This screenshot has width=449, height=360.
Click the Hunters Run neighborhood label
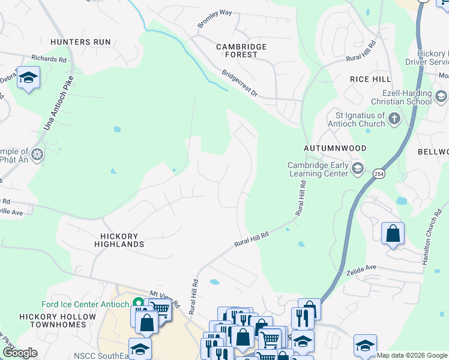pyautogui.click(x=81, y=42)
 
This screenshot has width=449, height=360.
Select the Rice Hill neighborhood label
pyautogui.click(x=370, y=79)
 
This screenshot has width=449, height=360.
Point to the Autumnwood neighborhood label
pyautogui.click(x=335, y=148)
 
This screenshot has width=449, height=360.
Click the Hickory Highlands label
pyautogui.click(x=119, y=240)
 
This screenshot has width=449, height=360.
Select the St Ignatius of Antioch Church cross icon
pyautogui.click(x=394, y=118)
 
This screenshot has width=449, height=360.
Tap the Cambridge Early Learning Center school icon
pyautogui.click(x=358, y=167)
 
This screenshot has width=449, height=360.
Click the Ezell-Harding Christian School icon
pyautogui.click(x=441, y=96)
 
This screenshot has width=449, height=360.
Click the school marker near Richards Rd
pyautogui.click(x=28, y=78)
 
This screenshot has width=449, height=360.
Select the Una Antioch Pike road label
pyautogui.click(x=59, y=103)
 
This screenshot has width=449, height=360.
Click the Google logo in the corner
pyautogui.click(x=20, y=353)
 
